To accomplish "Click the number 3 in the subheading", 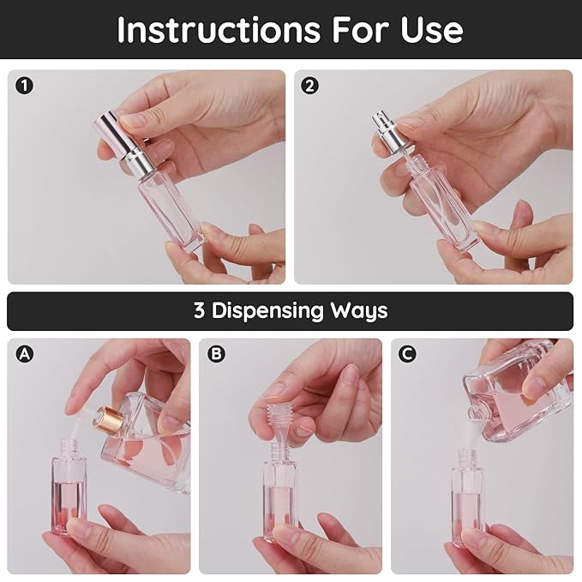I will click(x=200, y=310).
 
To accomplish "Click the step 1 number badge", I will click(x=24, y=86).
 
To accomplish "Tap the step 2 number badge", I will click(x=310, y=86).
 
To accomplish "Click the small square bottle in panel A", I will click(x=68, y=493).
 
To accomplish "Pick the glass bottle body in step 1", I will click(x=171, y=201).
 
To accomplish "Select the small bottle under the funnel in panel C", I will click(x=467, y=506).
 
